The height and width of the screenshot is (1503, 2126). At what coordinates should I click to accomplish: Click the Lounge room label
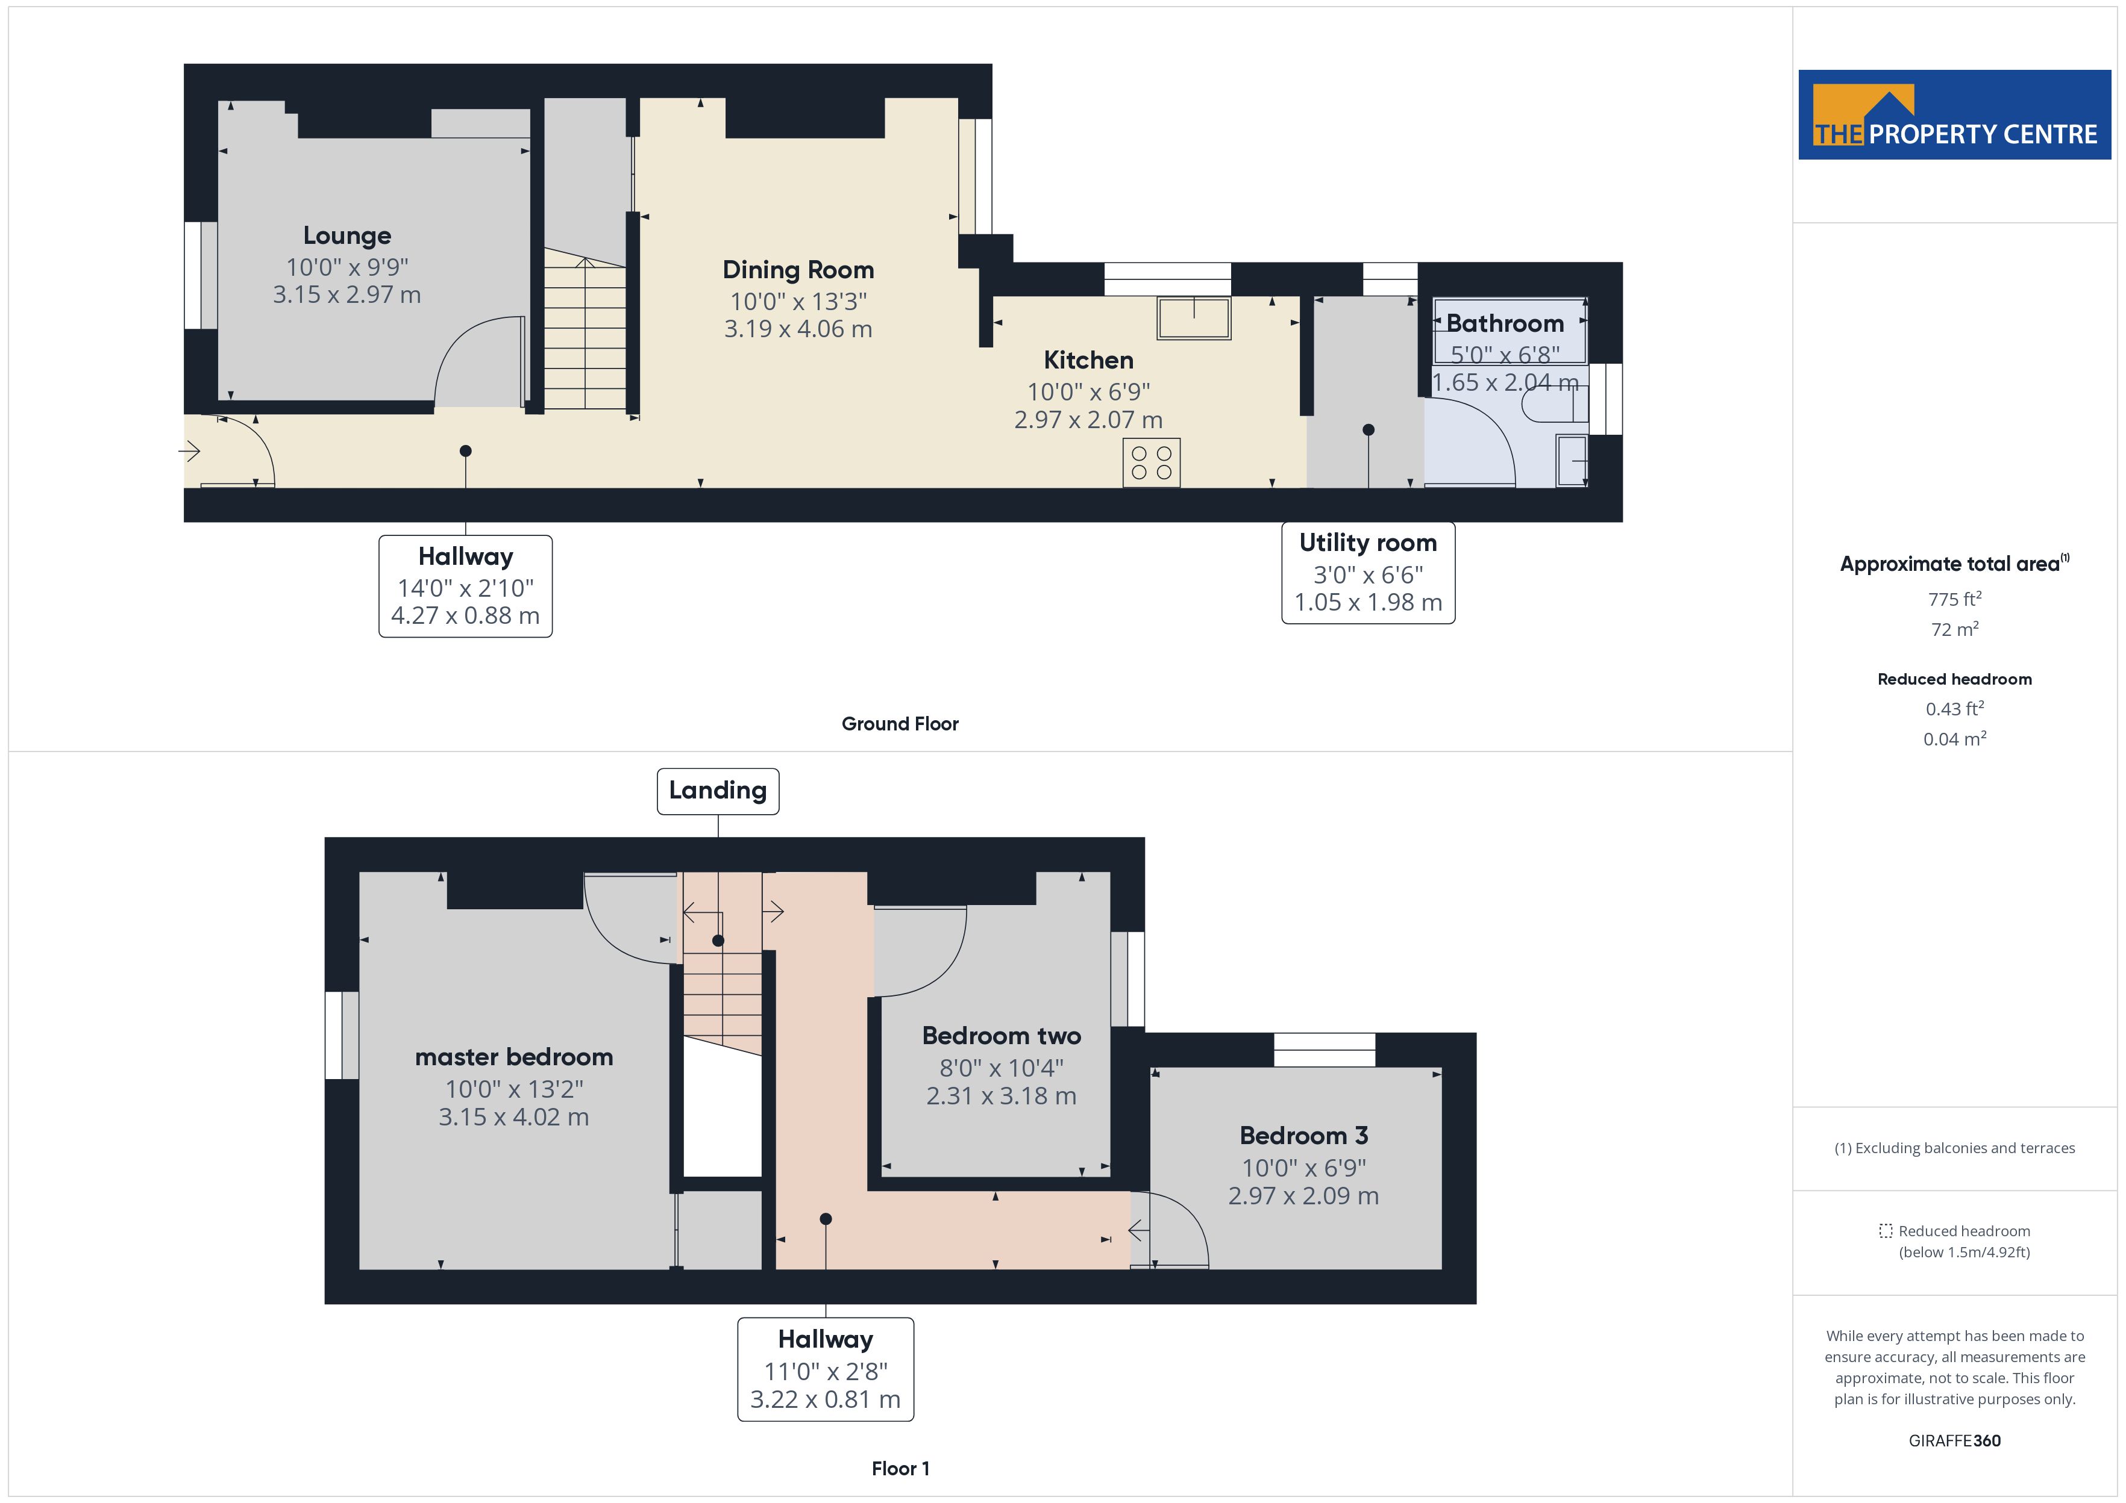point(347,236)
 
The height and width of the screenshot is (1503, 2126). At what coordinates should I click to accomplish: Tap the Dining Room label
point(798,270)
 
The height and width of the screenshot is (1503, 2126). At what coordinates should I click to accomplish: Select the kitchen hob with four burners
point(1151,462)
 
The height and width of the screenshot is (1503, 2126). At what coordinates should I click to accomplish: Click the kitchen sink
point(1194,317)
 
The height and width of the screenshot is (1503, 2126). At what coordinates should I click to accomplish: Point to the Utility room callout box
point(1368,573)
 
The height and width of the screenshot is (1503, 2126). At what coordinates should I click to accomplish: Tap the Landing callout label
point(718,791)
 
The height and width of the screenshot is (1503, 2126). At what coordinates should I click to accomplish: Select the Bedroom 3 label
point(1304,1136)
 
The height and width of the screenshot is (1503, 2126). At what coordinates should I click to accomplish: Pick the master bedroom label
point(514,1057)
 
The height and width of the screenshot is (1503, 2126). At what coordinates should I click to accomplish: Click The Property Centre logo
point(1955,115)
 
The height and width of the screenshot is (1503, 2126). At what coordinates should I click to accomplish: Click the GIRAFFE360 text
point(1955,1441)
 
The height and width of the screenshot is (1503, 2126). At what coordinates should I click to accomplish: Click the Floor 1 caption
point(900,1469)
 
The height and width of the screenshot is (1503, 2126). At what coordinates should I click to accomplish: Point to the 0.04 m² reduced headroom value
point(1955,738)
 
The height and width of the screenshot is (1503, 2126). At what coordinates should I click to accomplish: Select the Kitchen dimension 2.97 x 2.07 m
point(1089,420)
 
